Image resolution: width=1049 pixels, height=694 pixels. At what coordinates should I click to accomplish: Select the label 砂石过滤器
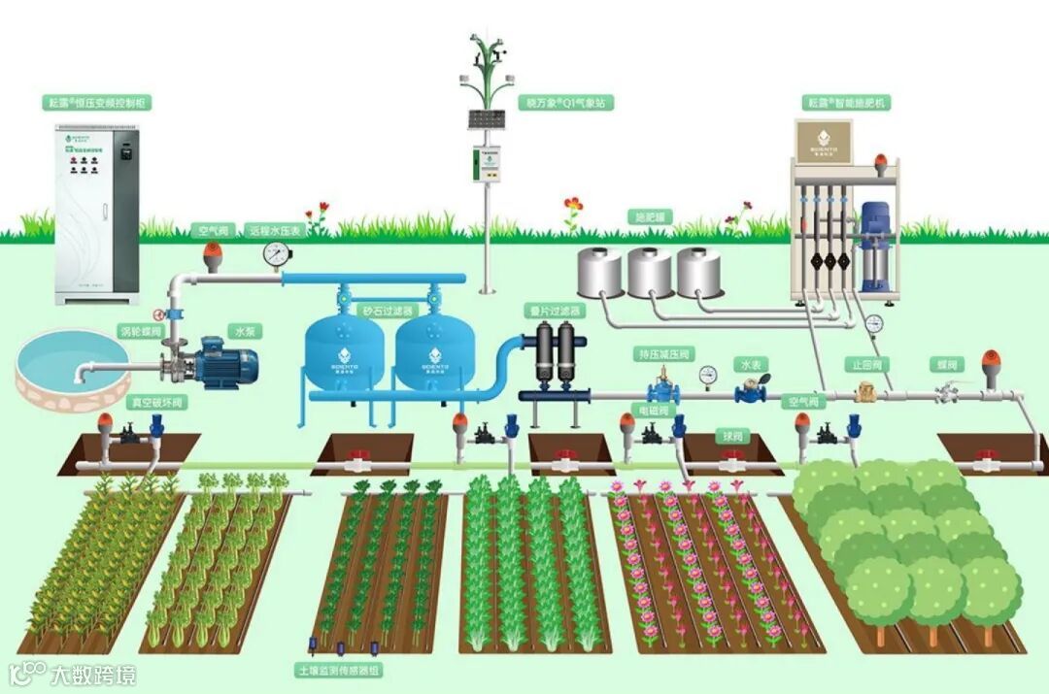(x=389, y=312)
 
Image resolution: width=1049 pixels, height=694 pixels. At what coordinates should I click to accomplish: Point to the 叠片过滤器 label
(x=555, y=311)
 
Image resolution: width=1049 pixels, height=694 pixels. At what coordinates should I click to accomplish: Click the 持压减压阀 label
(x=664, y=353)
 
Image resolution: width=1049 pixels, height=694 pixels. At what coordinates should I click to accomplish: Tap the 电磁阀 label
(x=652, y=411)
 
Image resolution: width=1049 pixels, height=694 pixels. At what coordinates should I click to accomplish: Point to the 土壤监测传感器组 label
(x=339, y=670)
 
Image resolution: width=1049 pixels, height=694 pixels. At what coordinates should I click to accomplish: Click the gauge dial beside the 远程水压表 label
(x=277, y=254)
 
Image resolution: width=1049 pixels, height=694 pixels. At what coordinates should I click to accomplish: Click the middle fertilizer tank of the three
(x=650, y=272)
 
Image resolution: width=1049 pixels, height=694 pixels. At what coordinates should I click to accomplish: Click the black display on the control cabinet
(x=124, y=151)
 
